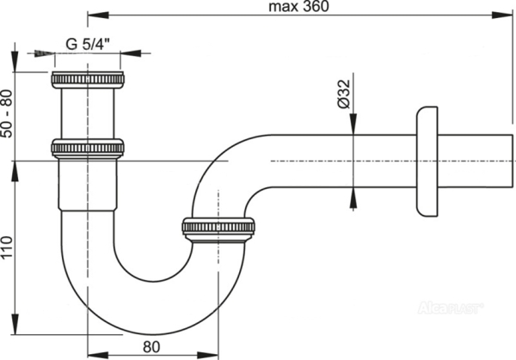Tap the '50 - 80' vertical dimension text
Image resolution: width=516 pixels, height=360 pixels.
(9, 105)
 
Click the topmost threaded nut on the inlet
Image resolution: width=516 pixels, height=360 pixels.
(87, 81)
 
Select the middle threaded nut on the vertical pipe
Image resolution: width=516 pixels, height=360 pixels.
(87, 149)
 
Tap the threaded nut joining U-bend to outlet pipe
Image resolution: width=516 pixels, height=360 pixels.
(218, 229)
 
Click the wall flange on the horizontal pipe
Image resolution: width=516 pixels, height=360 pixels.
(426, 161)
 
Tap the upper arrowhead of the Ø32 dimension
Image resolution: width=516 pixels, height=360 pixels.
(351, 128)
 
